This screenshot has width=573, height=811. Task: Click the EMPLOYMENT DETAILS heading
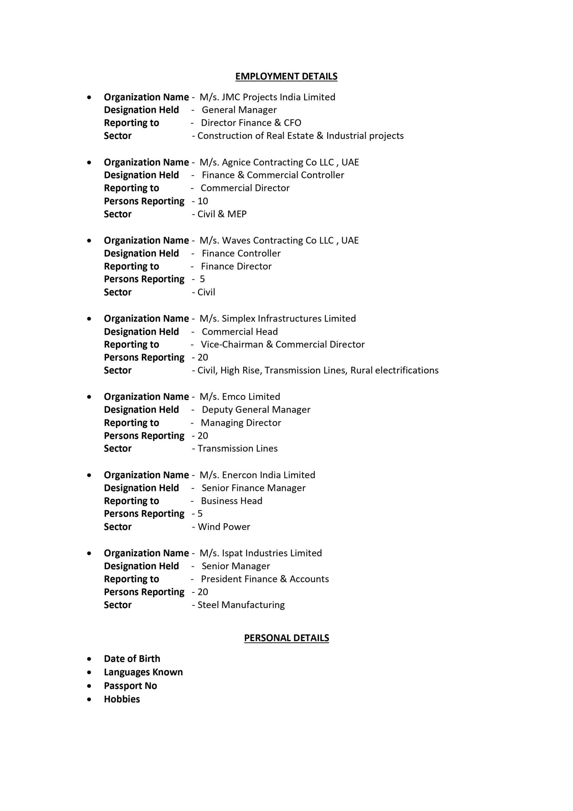(286, 76)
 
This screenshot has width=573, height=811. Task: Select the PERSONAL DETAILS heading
(286, 638)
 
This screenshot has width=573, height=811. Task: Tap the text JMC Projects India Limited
(278, 97)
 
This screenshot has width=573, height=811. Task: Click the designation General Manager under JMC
(239, 110)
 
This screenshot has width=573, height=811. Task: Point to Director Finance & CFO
(251, 123)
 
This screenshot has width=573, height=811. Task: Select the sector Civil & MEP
(222, 214)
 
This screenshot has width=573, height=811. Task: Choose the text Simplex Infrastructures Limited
(288, 319)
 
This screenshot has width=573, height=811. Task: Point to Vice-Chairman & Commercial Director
(282, 344)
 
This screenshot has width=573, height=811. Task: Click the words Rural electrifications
(394, 371)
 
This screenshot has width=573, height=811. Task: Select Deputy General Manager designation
(256, 410)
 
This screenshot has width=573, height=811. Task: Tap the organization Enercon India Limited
(268, 475)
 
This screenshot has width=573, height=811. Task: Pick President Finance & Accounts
(265, 579)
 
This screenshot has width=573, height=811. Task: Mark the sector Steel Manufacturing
(241, 605)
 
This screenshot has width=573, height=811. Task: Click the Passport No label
(130, 686)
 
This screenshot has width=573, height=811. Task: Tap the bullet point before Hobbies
(89, 699)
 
